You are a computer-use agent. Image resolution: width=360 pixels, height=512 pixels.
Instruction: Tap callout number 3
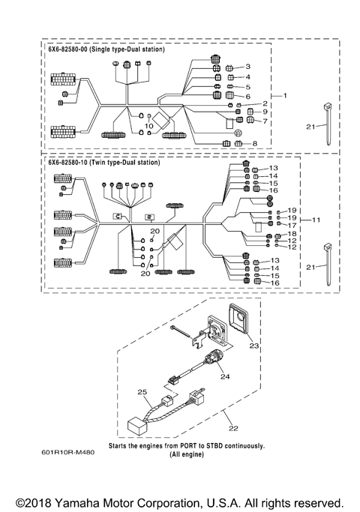point(247,67)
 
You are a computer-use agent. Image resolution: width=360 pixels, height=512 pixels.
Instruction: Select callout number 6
point(247,96)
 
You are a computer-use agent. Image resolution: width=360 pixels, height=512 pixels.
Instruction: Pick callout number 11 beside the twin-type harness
point(316,220)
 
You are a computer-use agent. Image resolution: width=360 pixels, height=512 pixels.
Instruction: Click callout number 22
point(234,428)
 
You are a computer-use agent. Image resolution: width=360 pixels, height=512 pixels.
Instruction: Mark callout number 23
point(253,346)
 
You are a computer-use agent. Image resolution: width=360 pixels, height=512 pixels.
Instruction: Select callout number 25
point(140,391)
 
